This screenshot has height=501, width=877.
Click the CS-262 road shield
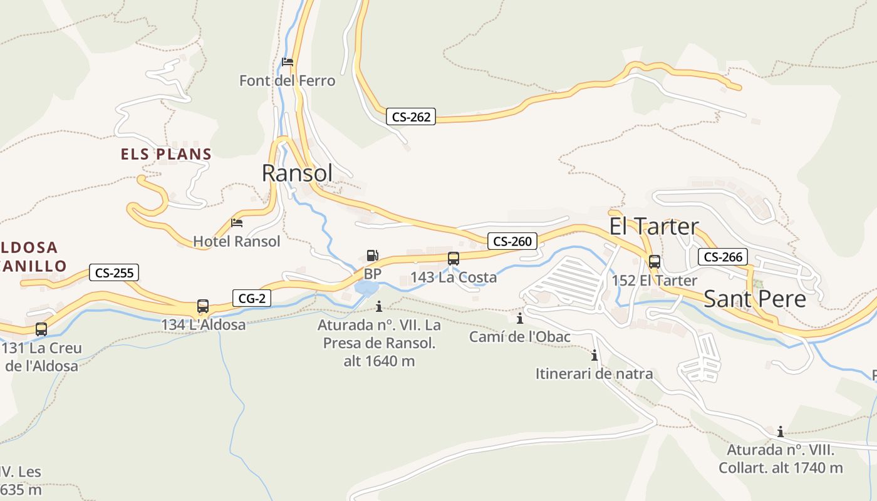411,116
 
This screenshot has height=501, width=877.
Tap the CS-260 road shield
512,241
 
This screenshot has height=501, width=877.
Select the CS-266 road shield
722,257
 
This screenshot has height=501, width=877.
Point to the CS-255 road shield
113,272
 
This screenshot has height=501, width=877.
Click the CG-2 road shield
252,298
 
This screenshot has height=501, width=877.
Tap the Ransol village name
297,173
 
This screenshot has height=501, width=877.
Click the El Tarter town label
654,226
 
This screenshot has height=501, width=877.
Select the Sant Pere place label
755,299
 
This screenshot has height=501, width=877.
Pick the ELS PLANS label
166,154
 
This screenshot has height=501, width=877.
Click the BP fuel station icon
372,256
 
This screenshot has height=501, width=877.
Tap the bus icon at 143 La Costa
453,258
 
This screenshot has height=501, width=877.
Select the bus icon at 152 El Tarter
654,262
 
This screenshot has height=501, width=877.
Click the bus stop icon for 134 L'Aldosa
202,306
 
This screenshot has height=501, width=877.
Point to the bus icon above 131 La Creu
41,329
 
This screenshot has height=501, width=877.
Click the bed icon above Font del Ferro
288,61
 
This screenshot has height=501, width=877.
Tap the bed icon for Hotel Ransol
236,222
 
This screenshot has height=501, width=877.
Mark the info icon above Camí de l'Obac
519,319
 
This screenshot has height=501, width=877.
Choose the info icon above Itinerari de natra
594,356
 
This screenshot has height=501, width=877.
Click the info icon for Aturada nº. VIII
780,431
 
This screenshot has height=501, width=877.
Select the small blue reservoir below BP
366,287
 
